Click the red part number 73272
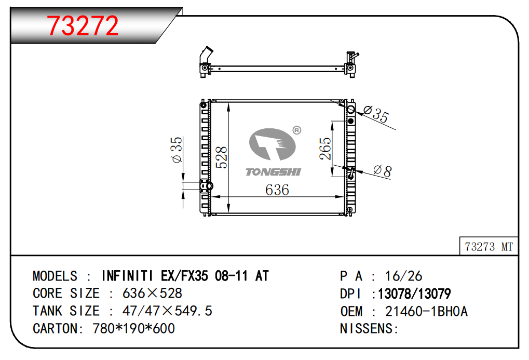click(x=83, y=25)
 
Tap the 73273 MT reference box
click(x=489, y=246)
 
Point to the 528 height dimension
click(x=222, y=157)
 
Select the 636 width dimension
click(x=277, y=190)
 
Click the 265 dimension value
click(x=325, y=148)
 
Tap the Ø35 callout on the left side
click(x=177, y=150)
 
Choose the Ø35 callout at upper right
click(x=376, y=114)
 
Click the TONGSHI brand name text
click(x=273, y=172)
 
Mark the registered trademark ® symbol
click(x=296, y=130)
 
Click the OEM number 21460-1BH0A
click(x=426, y=311)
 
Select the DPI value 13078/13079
click(x=414, y=294)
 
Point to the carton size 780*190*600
click(x=133, y=329)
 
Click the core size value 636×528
click(x=152, y=294)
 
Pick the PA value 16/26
click(x=403, y=276)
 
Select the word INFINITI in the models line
click(x=127, y=276)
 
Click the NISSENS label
click(x=367, y=329)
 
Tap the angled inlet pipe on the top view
click(x=206, y=55)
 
